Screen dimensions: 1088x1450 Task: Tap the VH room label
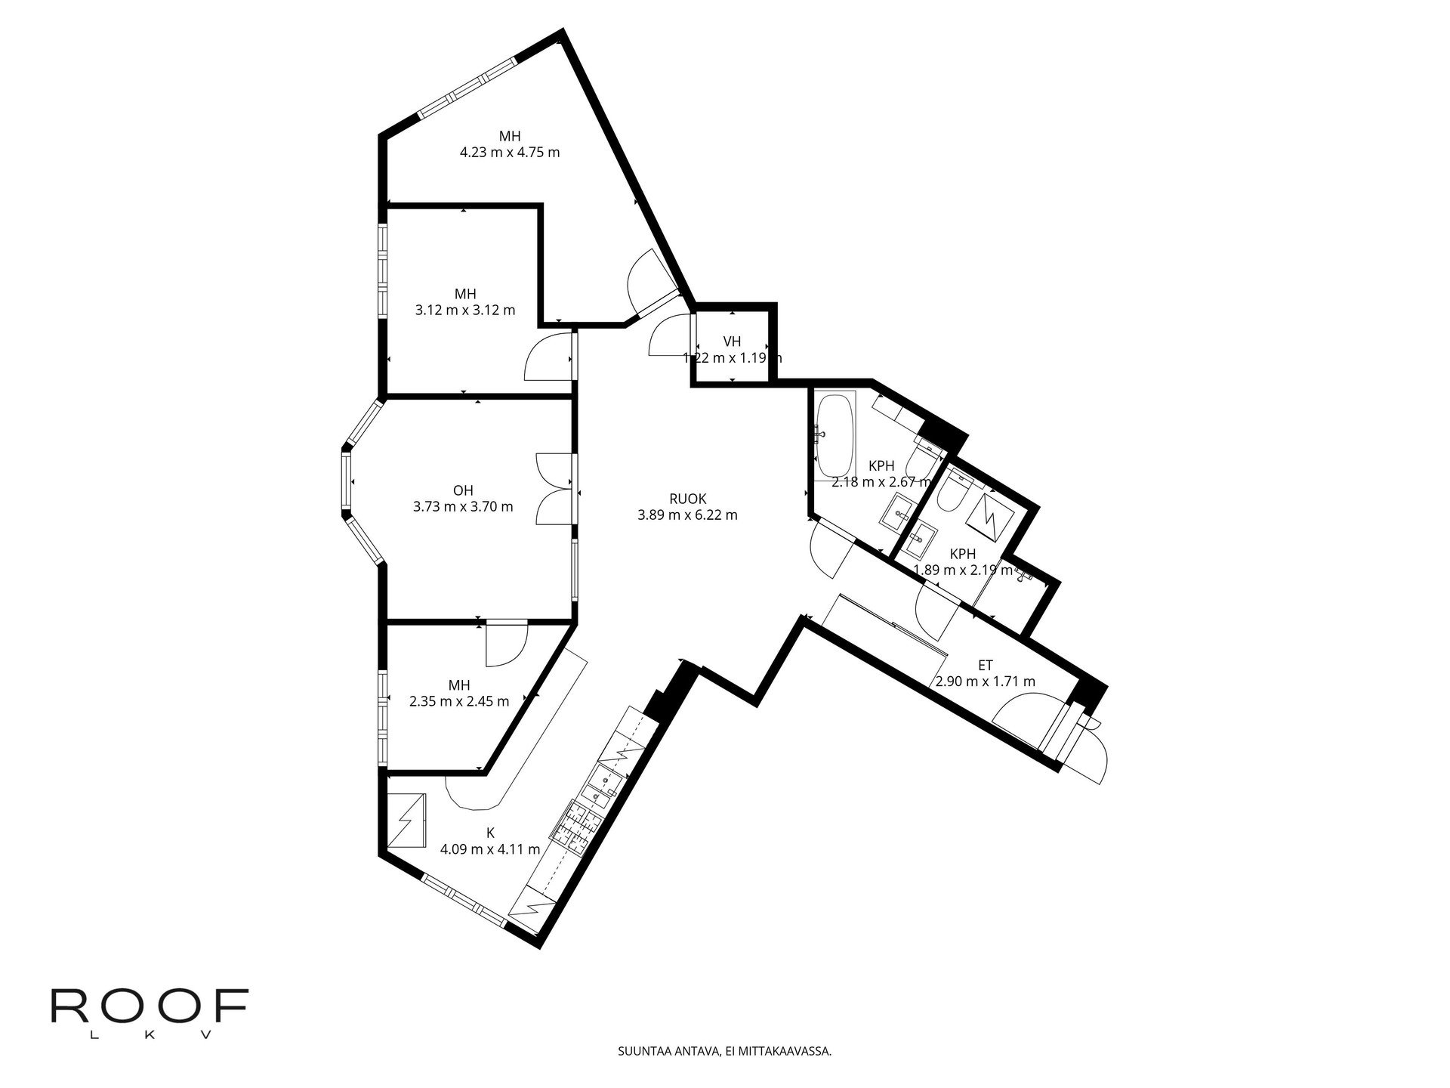click(732, 342)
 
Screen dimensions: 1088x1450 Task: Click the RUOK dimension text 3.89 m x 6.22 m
click(687, 515)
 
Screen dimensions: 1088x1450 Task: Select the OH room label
click(463, 490)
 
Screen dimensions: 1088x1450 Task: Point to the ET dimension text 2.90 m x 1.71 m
click(985, 682)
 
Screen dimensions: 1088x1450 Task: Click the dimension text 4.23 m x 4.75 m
click(510, 152)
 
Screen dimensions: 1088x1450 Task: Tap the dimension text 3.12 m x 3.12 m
click(465, 310)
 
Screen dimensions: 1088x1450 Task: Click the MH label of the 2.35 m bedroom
click(459, 685)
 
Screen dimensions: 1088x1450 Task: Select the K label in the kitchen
click(490, 833)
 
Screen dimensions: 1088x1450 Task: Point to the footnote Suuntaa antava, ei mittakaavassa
click(724, 1050)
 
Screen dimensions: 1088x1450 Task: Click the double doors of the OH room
click(555, 489)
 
